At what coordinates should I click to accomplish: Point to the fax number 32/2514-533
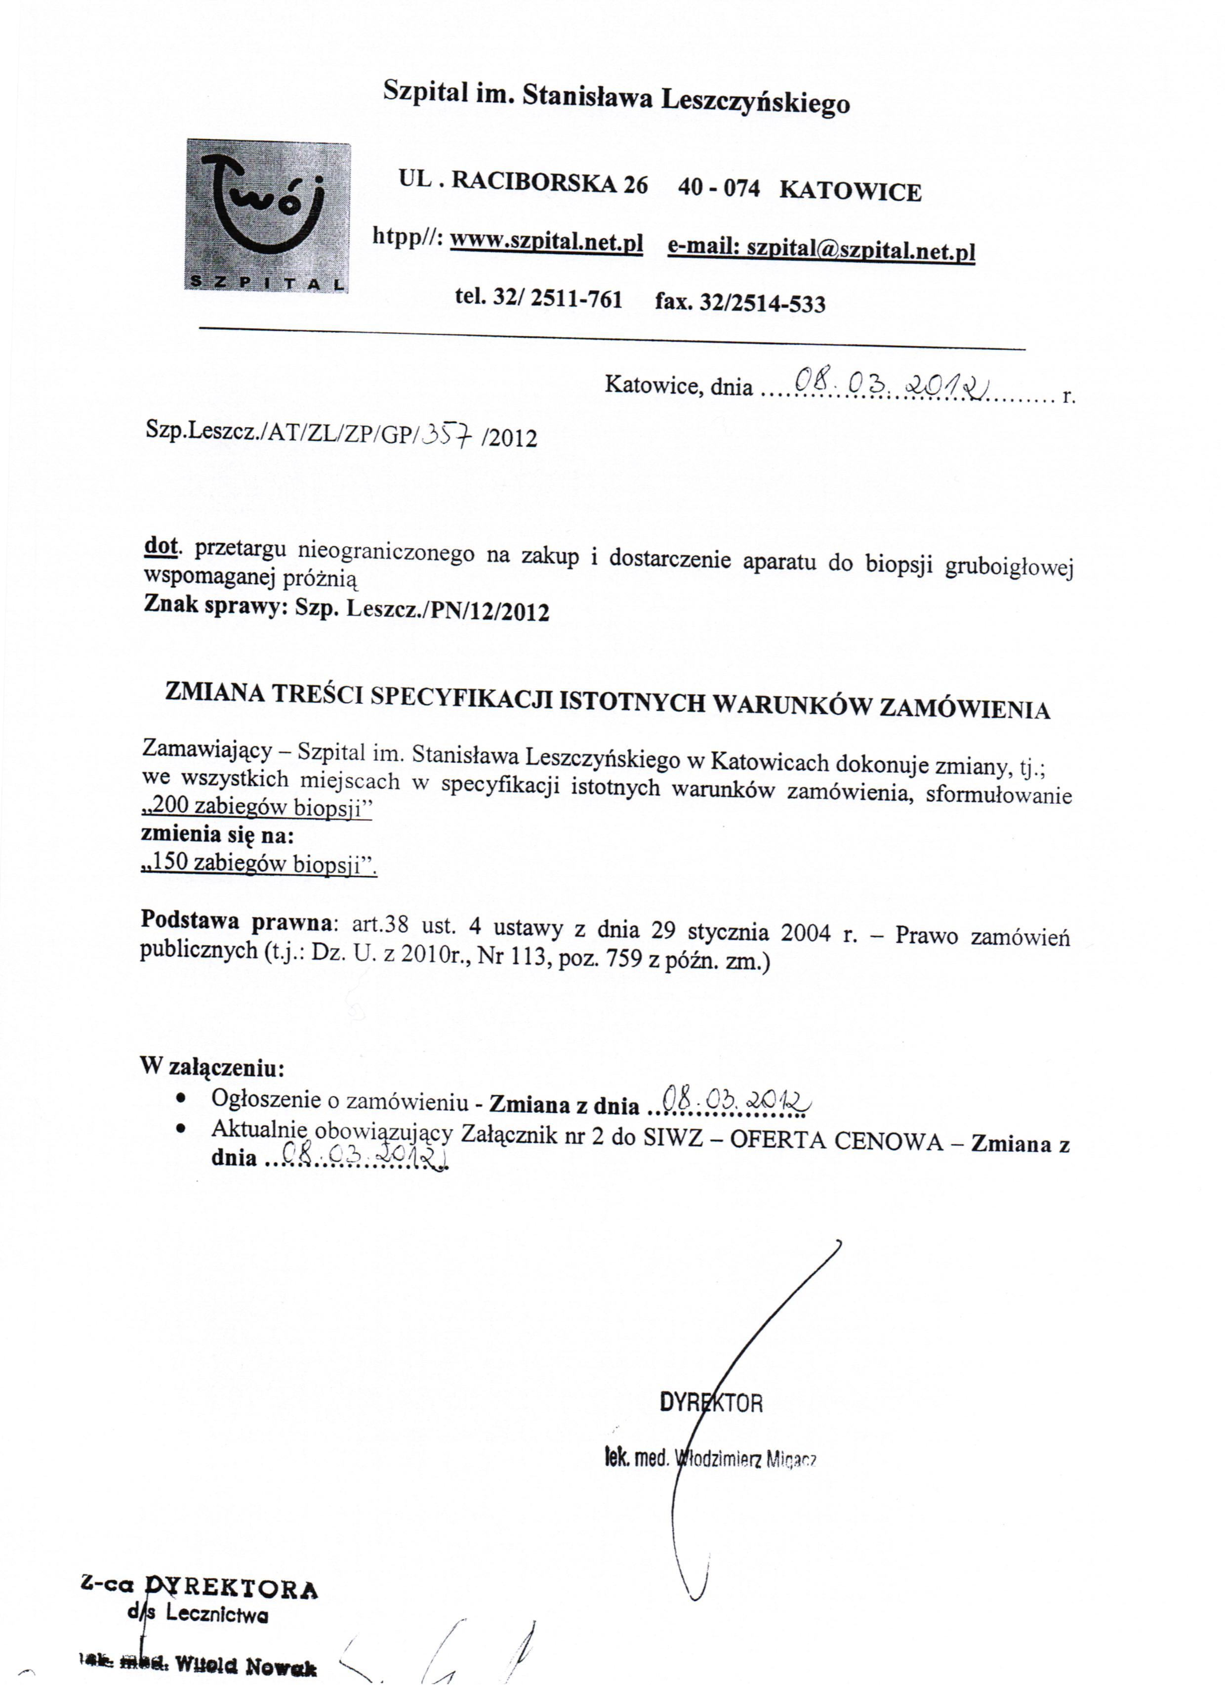tap(762, 304)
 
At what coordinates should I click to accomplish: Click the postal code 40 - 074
tap(718, 187)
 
